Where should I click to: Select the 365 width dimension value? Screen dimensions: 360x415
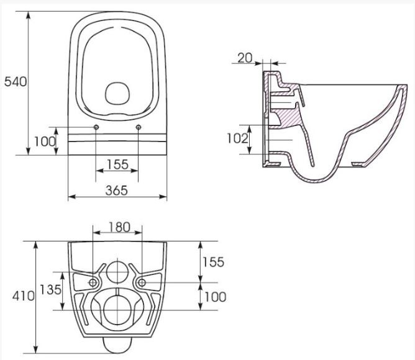point(116,190)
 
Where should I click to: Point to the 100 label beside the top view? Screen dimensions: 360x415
point(45,142)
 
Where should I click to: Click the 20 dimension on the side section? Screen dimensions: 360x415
point(245,58)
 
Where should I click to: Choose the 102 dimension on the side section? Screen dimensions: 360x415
point(237,138)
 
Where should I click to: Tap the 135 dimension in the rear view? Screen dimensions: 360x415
point(51,289)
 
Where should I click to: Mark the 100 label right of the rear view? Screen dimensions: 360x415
point(214,297)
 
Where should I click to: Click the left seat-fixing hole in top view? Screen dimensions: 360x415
point(97,127)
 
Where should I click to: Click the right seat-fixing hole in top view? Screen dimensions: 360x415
point(137,127)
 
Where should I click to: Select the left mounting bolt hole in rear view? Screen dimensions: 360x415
point(93,282)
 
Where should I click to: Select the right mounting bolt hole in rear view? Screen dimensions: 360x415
point(142,282)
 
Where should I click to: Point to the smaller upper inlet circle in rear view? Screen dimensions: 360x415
point(117,271)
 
